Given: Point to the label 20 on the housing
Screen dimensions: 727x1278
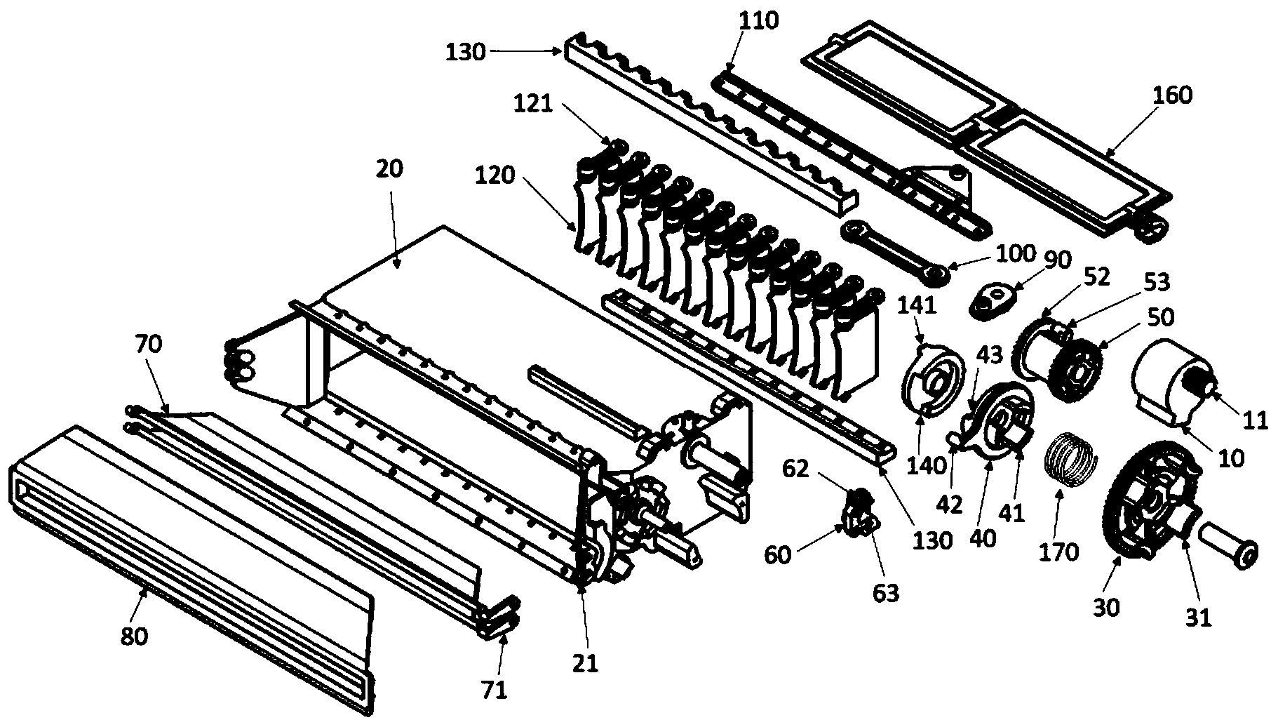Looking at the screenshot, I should point(390,170).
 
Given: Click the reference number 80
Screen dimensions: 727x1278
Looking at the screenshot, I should point(134,637).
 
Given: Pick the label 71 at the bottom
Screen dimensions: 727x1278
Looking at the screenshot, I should point(494,691).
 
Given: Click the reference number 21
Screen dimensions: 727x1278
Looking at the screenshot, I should point(586,663).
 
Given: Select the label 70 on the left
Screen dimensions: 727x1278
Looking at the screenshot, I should point(148,344).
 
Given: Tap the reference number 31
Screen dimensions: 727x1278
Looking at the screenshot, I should point(1199,619).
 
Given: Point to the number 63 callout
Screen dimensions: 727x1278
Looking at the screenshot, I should point(885,593).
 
